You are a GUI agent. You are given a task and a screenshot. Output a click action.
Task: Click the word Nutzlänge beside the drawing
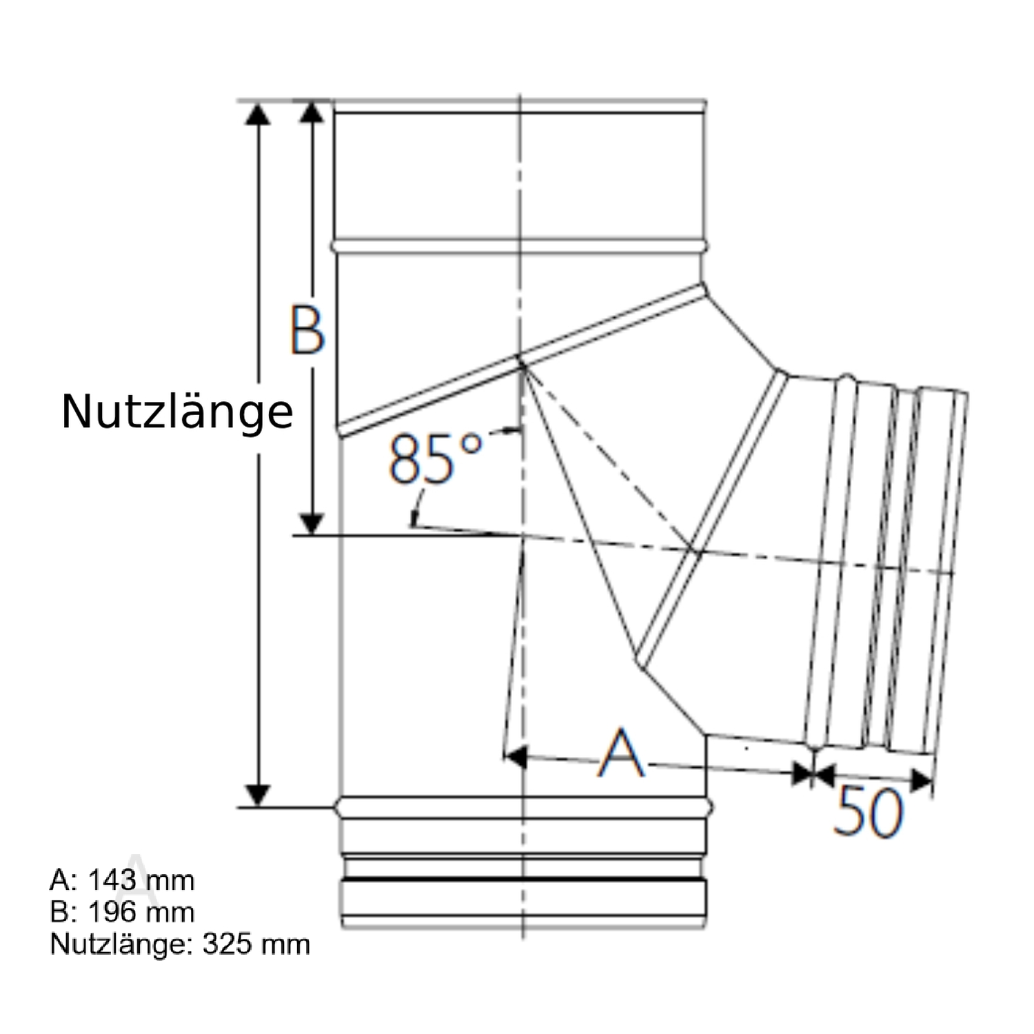click(x=177, y=412)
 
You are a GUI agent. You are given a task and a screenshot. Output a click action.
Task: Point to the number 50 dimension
click(x=867, y=811)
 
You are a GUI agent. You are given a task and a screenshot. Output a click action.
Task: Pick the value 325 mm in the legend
click(x=256, y=944)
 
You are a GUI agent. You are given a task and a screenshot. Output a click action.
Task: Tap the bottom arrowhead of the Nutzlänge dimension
click(x=258, y=795)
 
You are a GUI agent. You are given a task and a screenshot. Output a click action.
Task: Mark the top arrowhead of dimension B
click(x=312, y=112)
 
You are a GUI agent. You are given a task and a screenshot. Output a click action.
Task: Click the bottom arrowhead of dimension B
click(x=312, y=524)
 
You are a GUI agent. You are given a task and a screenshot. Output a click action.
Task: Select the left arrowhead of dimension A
click(x=516, y=756)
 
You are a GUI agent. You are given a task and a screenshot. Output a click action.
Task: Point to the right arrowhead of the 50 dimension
click(x=921, y=780)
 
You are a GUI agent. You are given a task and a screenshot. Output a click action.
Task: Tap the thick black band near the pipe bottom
click(x=524, y=880)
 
